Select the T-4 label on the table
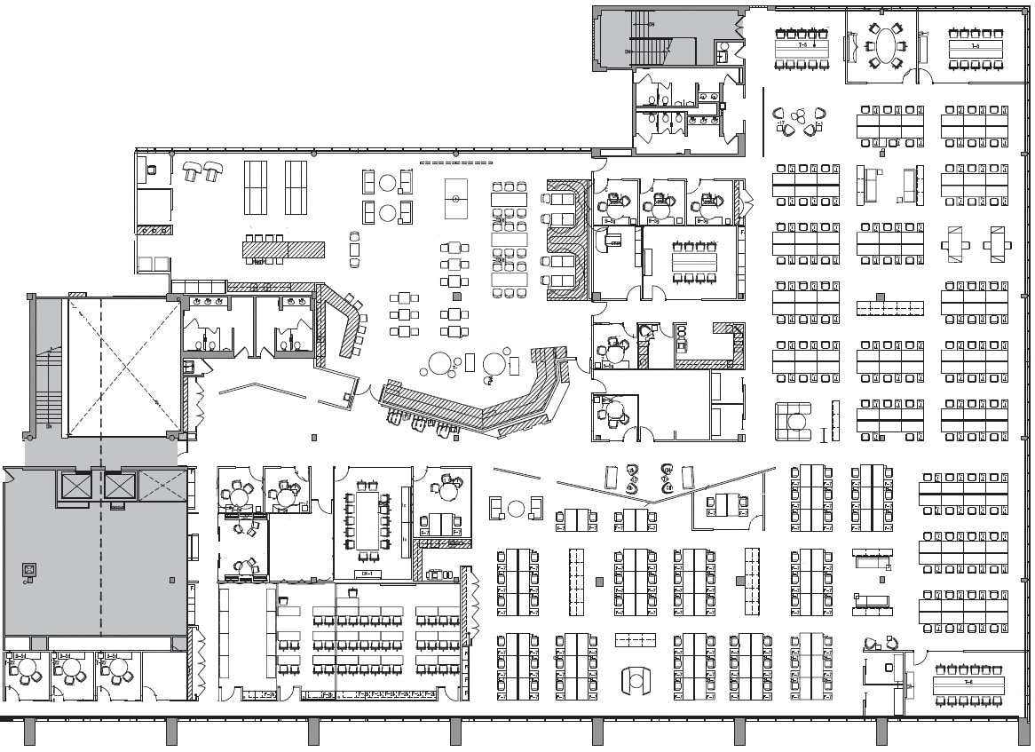point(976,44)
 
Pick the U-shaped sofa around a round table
point(793,421)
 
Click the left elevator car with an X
point(75,487)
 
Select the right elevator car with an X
point(120,487)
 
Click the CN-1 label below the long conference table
point(365,574)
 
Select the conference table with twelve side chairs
point(367,518)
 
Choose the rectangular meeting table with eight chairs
point(694,262)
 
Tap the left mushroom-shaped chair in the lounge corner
point(192,170)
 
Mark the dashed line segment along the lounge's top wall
point(454,163)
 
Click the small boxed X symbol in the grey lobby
point(29,569)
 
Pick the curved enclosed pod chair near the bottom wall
point(636,680)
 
